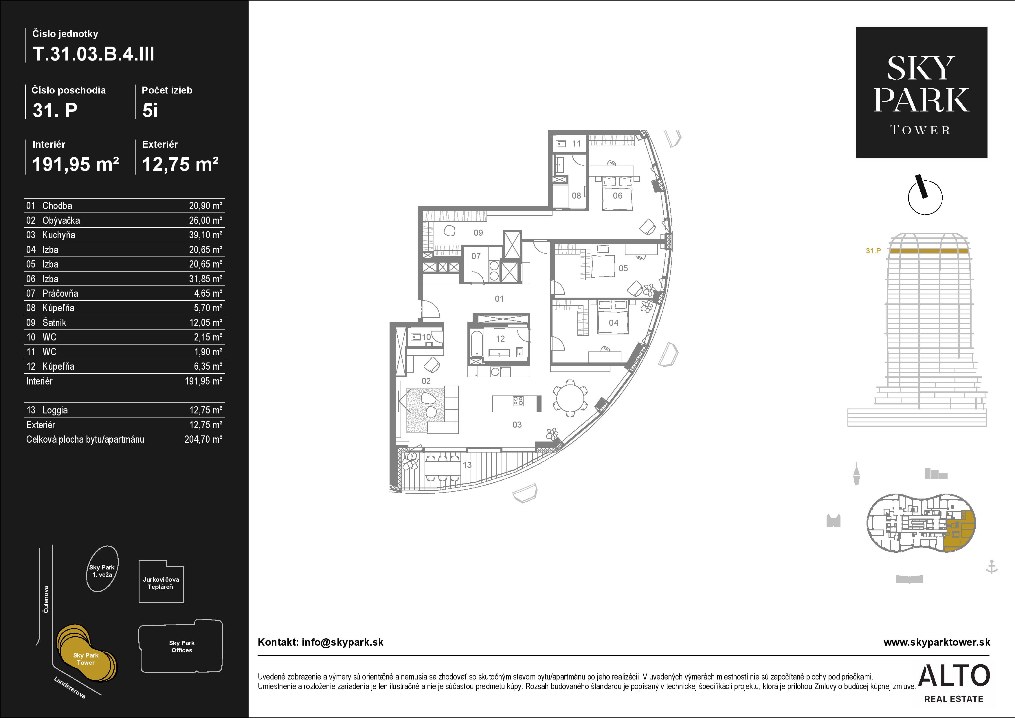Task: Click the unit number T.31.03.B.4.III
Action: tap(94, 54)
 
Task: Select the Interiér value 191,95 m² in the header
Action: tap(76, 164)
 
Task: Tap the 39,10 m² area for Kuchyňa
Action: tap(205, 235)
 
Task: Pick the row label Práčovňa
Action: tap(60, 293)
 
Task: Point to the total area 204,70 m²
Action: tap(203, 439)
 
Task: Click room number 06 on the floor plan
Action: tap(618, 195)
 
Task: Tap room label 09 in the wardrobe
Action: tap(478, 232)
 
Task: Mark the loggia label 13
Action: tap(467, 465)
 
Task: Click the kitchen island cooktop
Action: tap(518, 401)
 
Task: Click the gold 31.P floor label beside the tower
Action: tap(873, 251)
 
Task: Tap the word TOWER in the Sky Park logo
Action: tap(920, 130)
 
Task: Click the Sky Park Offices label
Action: tap(182, 646)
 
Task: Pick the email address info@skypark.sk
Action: tap(343, 642)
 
